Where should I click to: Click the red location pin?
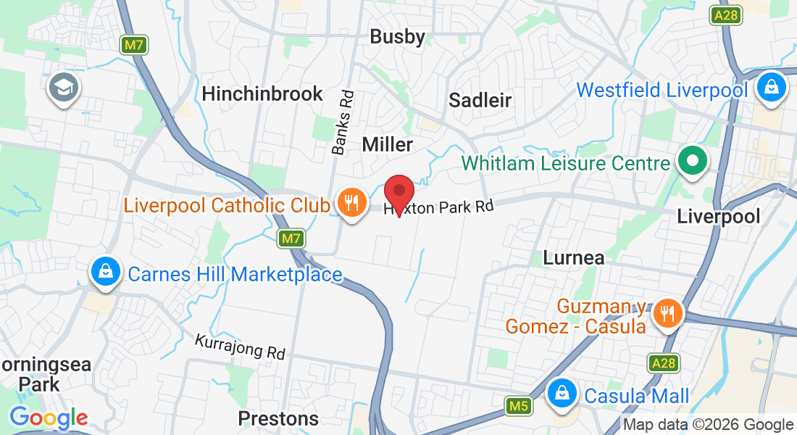coord(398,193)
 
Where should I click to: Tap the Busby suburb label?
coord(397,36)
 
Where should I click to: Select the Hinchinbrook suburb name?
coord(262,94)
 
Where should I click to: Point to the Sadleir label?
coord(480,100)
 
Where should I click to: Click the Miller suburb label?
coord(387,144)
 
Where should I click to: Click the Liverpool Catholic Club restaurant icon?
coord(351,203)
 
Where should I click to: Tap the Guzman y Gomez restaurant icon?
coord(665,313)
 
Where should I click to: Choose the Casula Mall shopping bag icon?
coord(562,394)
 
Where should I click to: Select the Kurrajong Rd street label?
coord(241,347)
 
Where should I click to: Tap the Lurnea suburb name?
coord(573,257)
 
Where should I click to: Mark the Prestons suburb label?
coord(278,418)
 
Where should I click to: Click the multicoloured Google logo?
coord(49,418)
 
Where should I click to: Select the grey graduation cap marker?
coord(64,89)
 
